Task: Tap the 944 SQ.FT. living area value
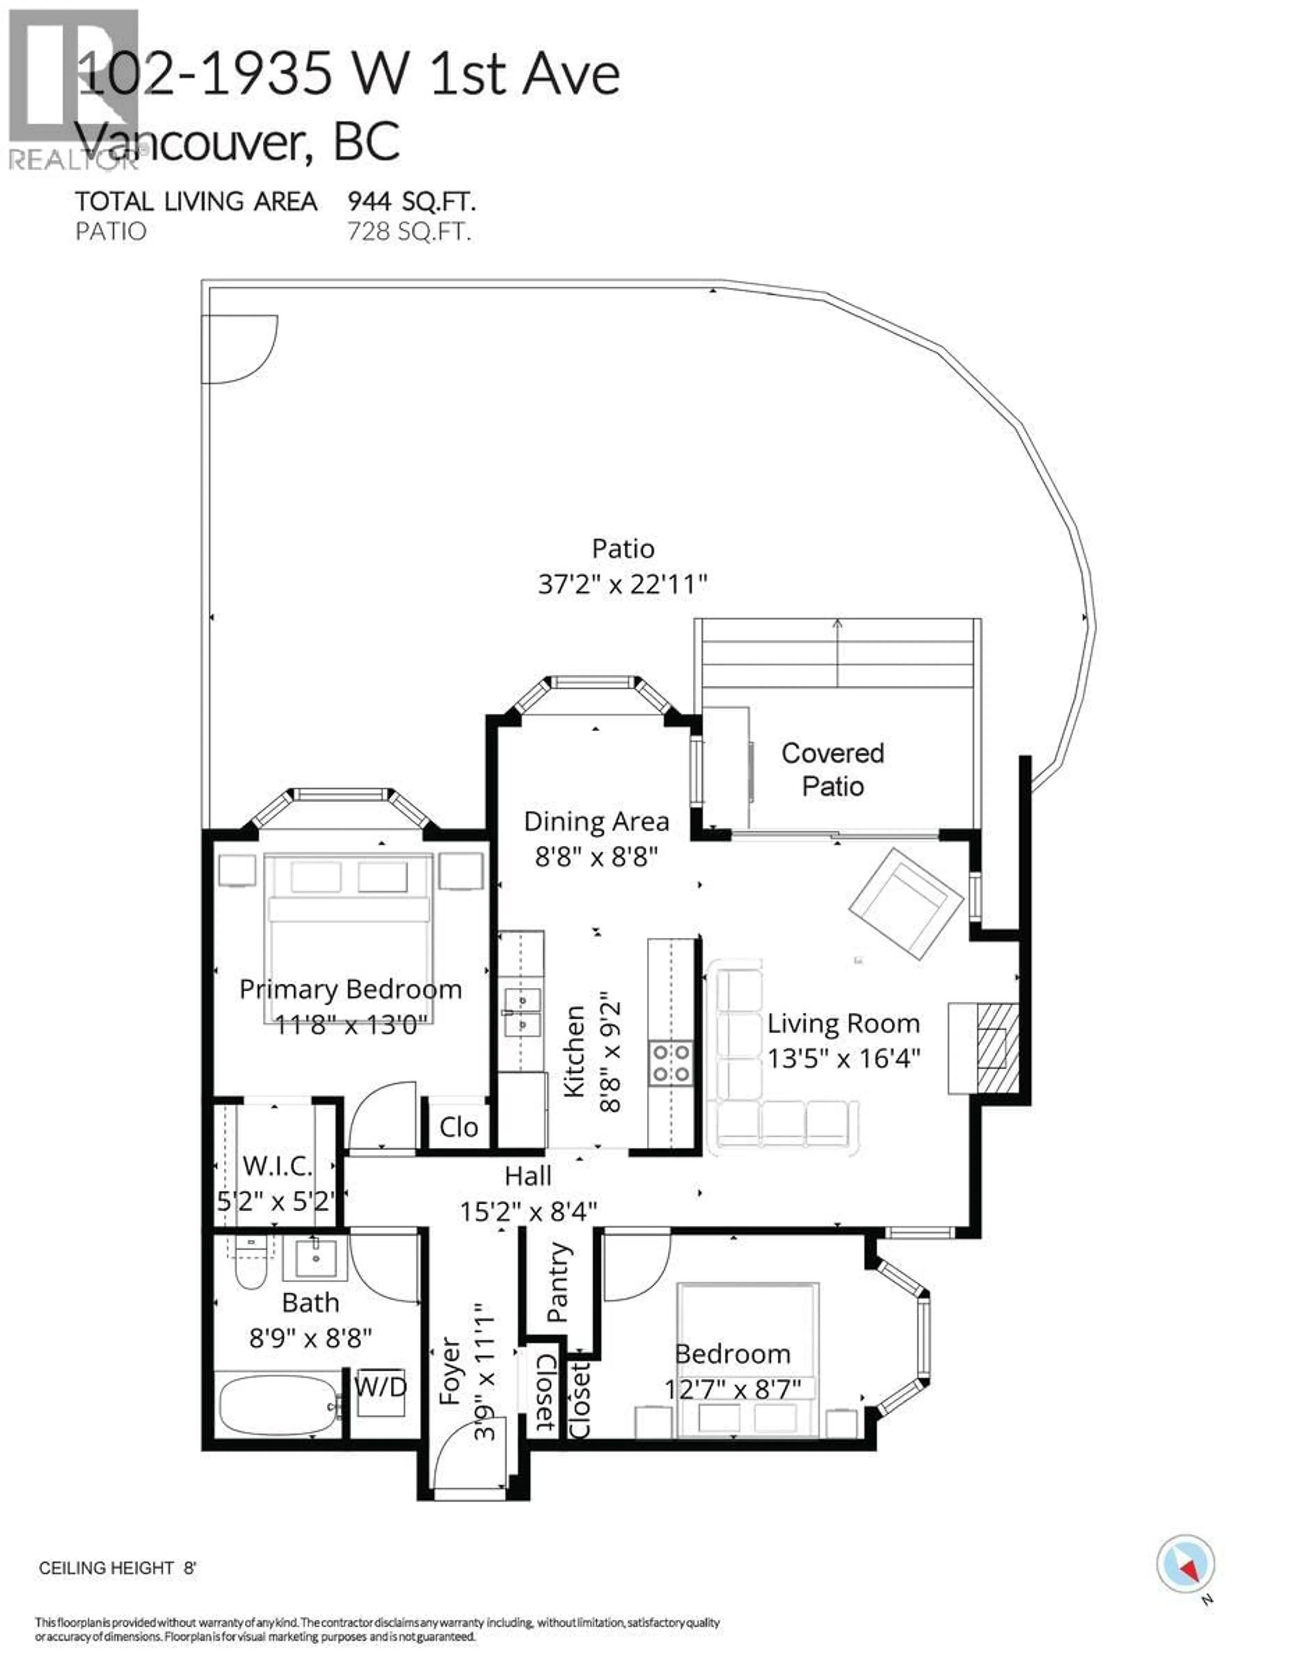[x=412, y=202]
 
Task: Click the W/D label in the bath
[x=380, y=1386]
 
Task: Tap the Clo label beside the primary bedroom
[x=458, y=1127]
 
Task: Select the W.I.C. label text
[x=277, y=1166]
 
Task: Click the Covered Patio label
[x=832, y=769]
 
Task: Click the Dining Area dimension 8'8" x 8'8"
[x=596, y=856]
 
